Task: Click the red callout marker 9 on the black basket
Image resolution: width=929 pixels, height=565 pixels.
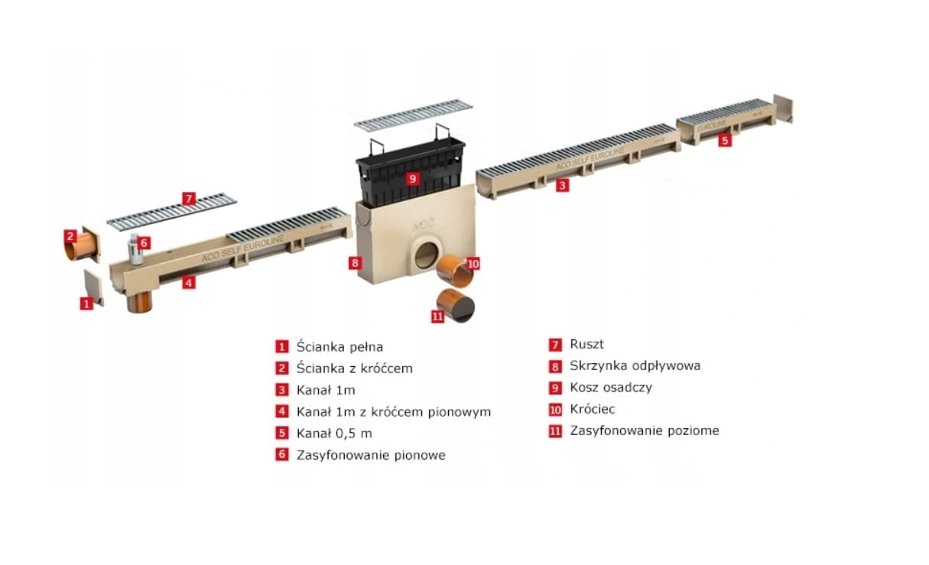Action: click(412, 178)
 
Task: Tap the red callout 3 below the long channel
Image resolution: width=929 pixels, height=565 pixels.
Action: click(562, 185)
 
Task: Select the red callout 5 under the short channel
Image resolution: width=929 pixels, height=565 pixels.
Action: click(725, 141)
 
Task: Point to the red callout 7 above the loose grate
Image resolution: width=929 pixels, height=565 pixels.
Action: click(189, 199)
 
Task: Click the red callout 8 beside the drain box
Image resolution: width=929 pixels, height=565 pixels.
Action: click(354, 263)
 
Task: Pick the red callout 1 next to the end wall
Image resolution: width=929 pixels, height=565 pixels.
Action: click(86, 304)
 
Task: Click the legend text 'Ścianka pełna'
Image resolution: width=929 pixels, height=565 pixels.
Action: click(339, 346)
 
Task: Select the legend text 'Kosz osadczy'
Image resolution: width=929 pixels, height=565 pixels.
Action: click(610, 387)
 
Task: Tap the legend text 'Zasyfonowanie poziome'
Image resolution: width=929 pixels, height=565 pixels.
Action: click(644, 430)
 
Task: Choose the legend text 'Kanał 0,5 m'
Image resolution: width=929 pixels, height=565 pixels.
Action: click(334, 433)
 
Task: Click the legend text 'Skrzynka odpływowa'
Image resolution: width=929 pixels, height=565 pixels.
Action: click(635, 365)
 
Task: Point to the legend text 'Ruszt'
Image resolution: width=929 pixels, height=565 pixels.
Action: click(586, 344)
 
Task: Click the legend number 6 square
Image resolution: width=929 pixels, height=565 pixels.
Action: click(282, 455)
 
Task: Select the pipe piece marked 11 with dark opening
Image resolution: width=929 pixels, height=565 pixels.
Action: click(457, 305)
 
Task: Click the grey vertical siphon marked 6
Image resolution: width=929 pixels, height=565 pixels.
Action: click(136, 249)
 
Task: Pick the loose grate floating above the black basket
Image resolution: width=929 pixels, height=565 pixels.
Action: click(413, 115)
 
